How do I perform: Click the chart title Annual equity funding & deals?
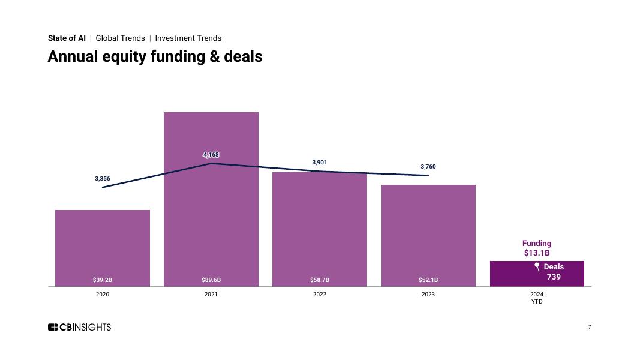155,56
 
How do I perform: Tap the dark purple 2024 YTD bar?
510,274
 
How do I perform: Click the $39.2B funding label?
103,280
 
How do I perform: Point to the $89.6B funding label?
211,280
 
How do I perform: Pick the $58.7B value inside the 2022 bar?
320,280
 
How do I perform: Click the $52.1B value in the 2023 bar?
428,280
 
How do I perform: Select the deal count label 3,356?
103,179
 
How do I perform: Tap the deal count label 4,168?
211,155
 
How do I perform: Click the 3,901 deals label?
320,163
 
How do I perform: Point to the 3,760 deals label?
428,166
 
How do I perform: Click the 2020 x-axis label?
103,295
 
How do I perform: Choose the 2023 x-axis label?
428,295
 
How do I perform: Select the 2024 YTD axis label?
537,298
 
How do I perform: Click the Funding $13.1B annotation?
537,248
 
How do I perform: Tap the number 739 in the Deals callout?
554,277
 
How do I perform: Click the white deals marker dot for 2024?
537,265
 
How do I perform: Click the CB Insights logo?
79,327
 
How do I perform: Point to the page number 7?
590,327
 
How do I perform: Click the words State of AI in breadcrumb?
67,38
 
